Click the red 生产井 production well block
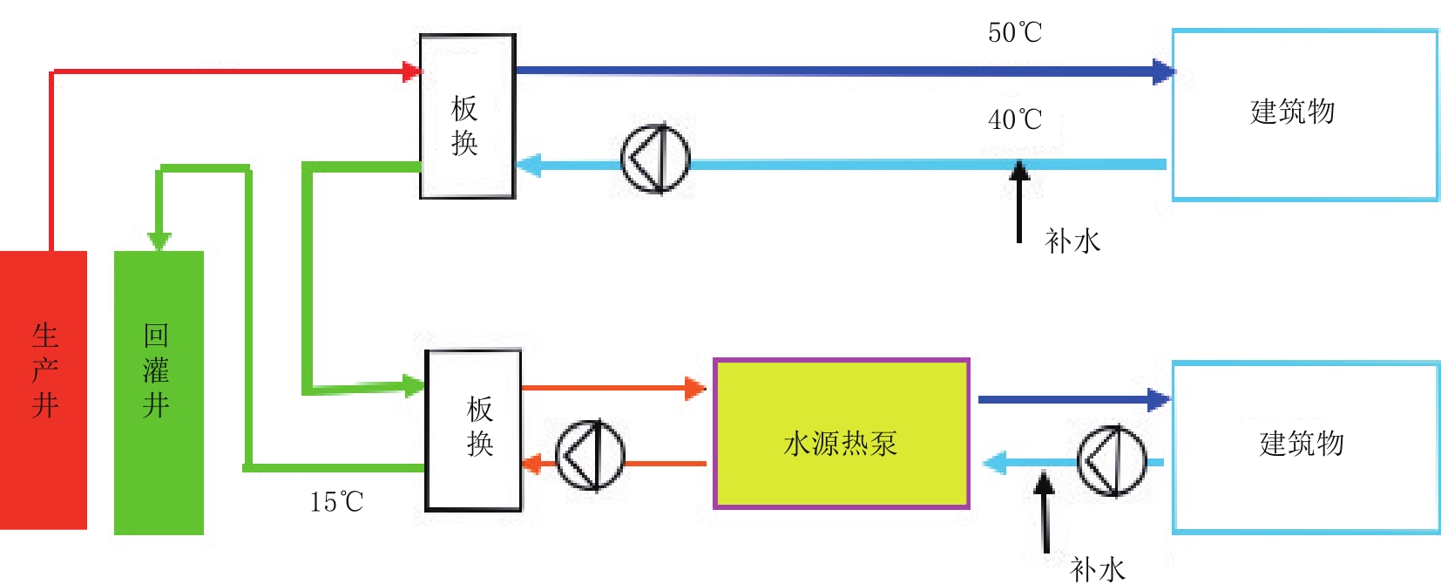coord(43,390)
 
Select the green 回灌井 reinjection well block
coord(159,393)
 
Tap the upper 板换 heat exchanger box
coord(468,117)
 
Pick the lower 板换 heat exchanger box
coord(473,431)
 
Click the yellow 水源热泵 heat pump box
coord(842,434)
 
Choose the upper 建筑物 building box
coord(1305,115)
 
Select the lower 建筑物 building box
coord(1305,448)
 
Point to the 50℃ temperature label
coord(1014,32)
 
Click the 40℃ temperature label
coord(1014,119)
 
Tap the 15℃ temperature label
coord(336,502)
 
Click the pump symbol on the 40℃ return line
coord(655,159)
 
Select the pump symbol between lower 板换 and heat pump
coord(590,455)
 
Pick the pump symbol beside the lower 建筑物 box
coord(1113,461)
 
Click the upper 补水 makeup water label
coord(1072,241)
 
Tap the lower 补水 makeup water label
coord(1098,570)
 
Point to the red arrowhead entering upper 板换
coord(412,71)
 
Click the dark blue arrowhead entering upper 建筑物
coord(1164,71)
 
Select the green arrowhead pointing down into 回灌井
coord(159,241)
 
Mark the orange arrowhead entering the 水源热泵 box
coord(695,388)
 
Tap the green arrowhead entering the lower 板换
coord(414,386)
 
